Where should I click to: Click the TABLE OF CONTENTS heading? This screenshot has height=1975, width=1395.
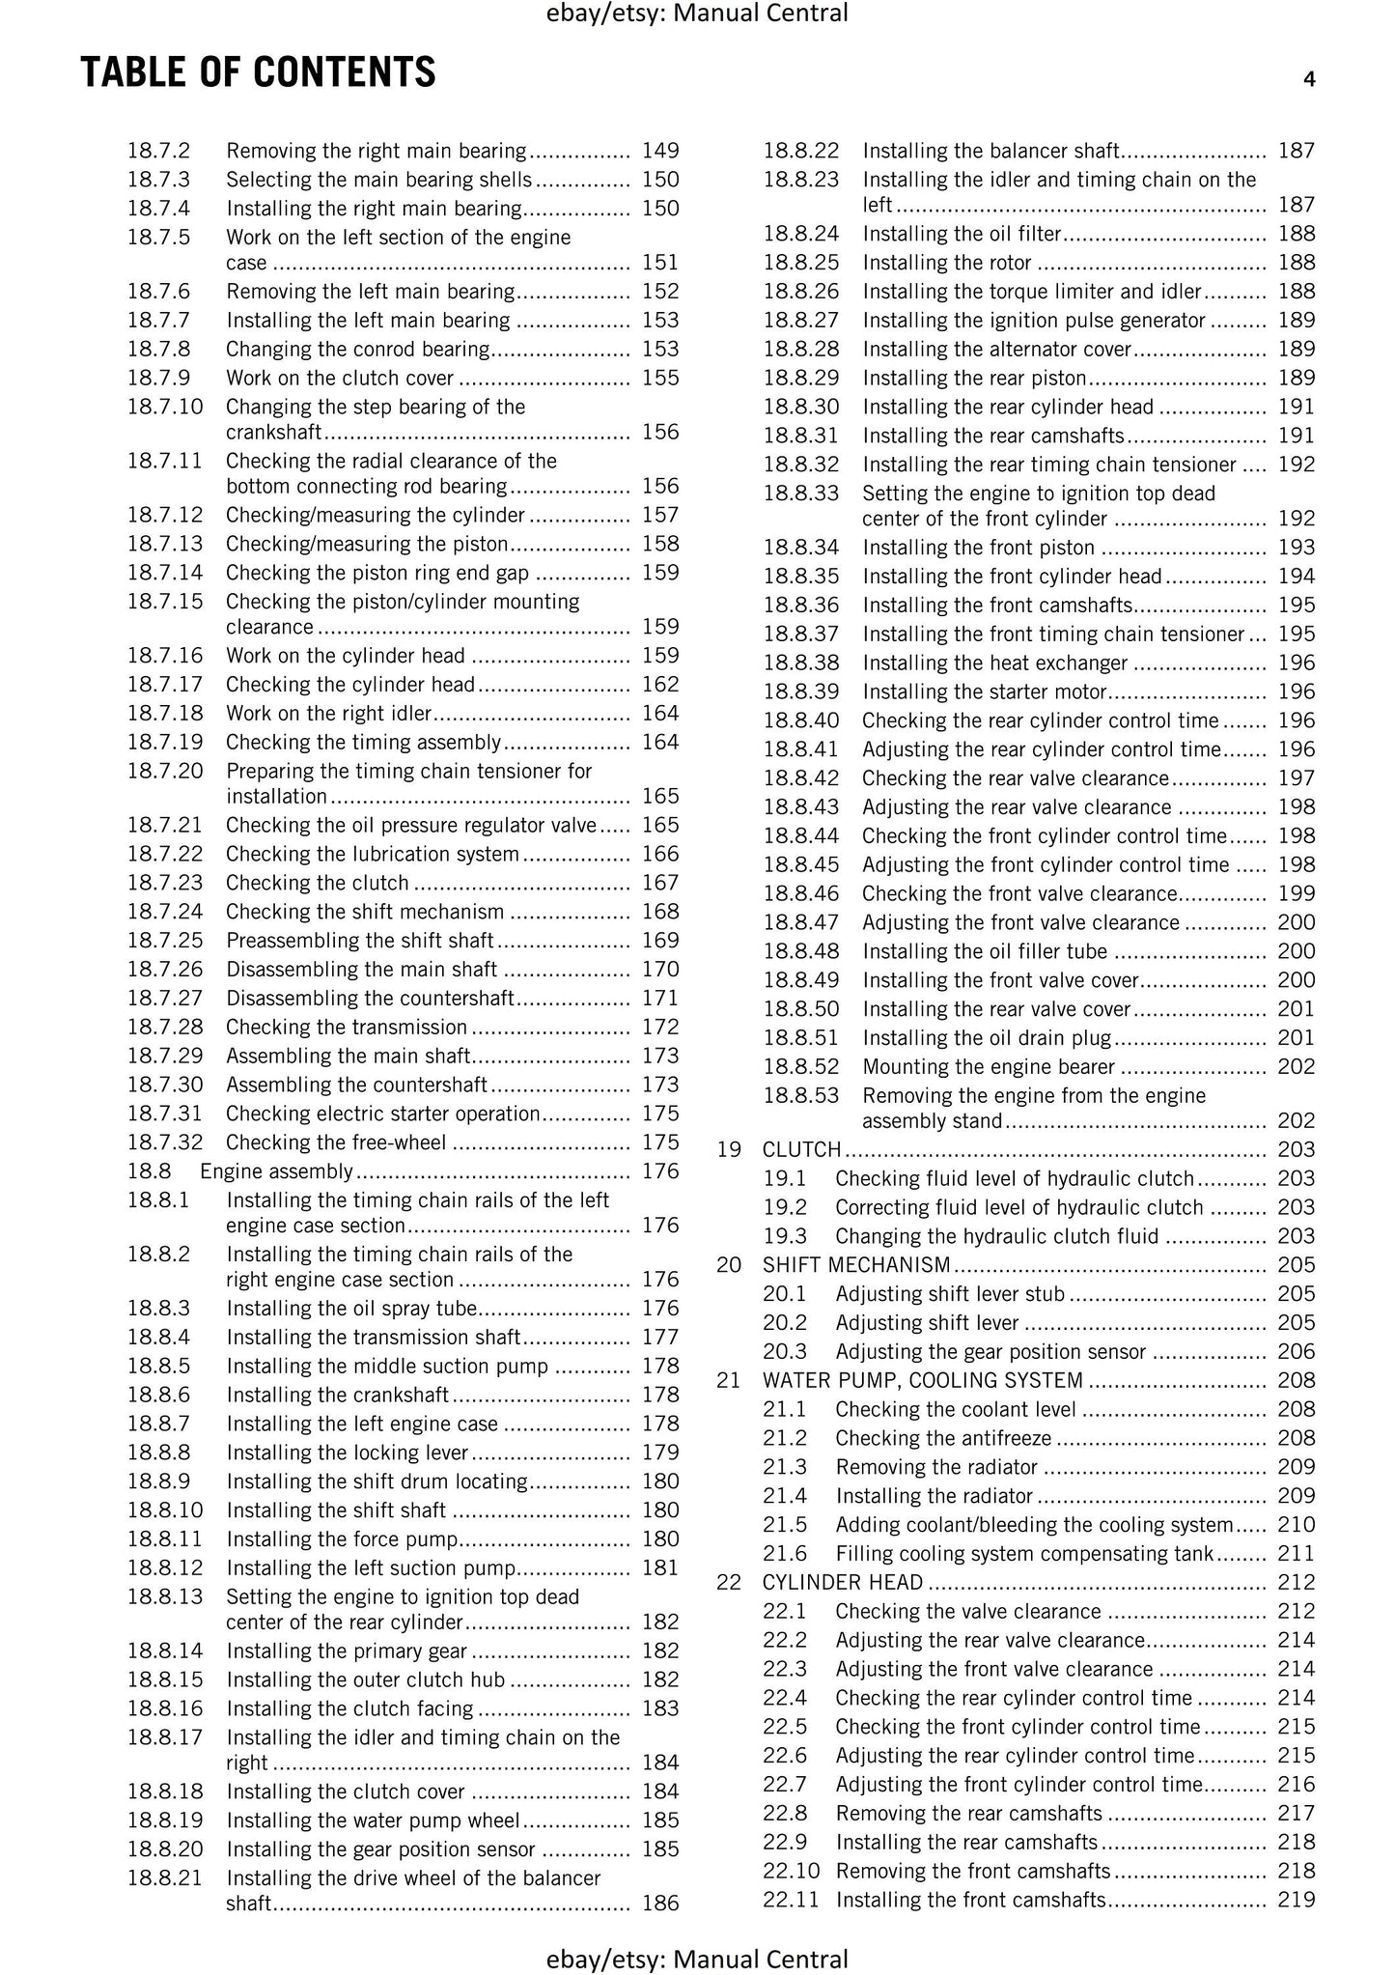(x=258, y=73)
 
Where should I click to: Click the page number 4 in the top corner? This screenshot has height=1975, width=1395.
(x=1308, y=80)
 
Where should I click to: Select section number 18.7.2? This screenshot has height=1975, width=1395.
(x=159, y=151)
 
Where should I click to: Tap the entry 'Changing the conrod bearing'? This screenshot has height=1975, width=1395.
(x=358, y=350)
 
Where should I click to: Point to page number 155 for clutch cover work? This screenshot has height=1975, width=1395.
(x=660, y=379)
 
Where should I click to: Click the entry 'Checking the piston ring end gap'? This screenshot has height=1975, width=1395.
(x=377, y=573)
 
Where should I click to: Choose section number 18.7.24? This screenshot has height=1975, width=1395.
(x=165, y=912)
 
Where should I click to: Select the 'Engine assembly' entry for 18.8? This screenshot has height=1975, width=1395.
(x=277, y=1171)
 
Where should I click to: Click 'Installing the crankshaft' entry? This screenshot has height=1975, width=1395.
(x=338, y=1395)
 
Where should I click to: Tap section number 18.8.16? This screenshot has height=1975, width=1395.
(x=165, y=1708)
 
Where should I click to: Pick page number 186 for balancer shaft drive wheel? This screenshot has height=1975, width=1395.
(x=660, y=1904)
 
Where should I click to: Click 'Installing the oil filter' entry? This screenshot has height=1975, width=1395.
(x=962, y=234)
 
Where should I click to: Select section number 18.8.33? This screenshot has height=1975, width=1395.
(x=801, y=494)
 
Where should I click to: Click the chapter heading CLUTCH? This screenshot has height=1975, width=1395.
(x=802, y=1149)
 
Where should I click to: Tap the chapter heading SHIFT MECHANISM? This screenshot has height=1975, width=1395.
(x=856, y=1265)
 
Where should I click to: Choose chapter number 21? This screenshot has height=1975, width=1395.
(x=729, y=1380)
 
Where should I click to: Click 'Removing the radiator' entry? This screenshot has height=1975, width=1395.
(x=936, y=1467)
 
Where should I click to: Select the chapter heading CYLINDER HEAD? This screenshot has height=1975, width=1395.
(x=843, y=1582)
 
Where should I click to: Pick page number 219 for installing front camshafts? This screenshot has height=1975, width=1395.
(x=1296, y=1900)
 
